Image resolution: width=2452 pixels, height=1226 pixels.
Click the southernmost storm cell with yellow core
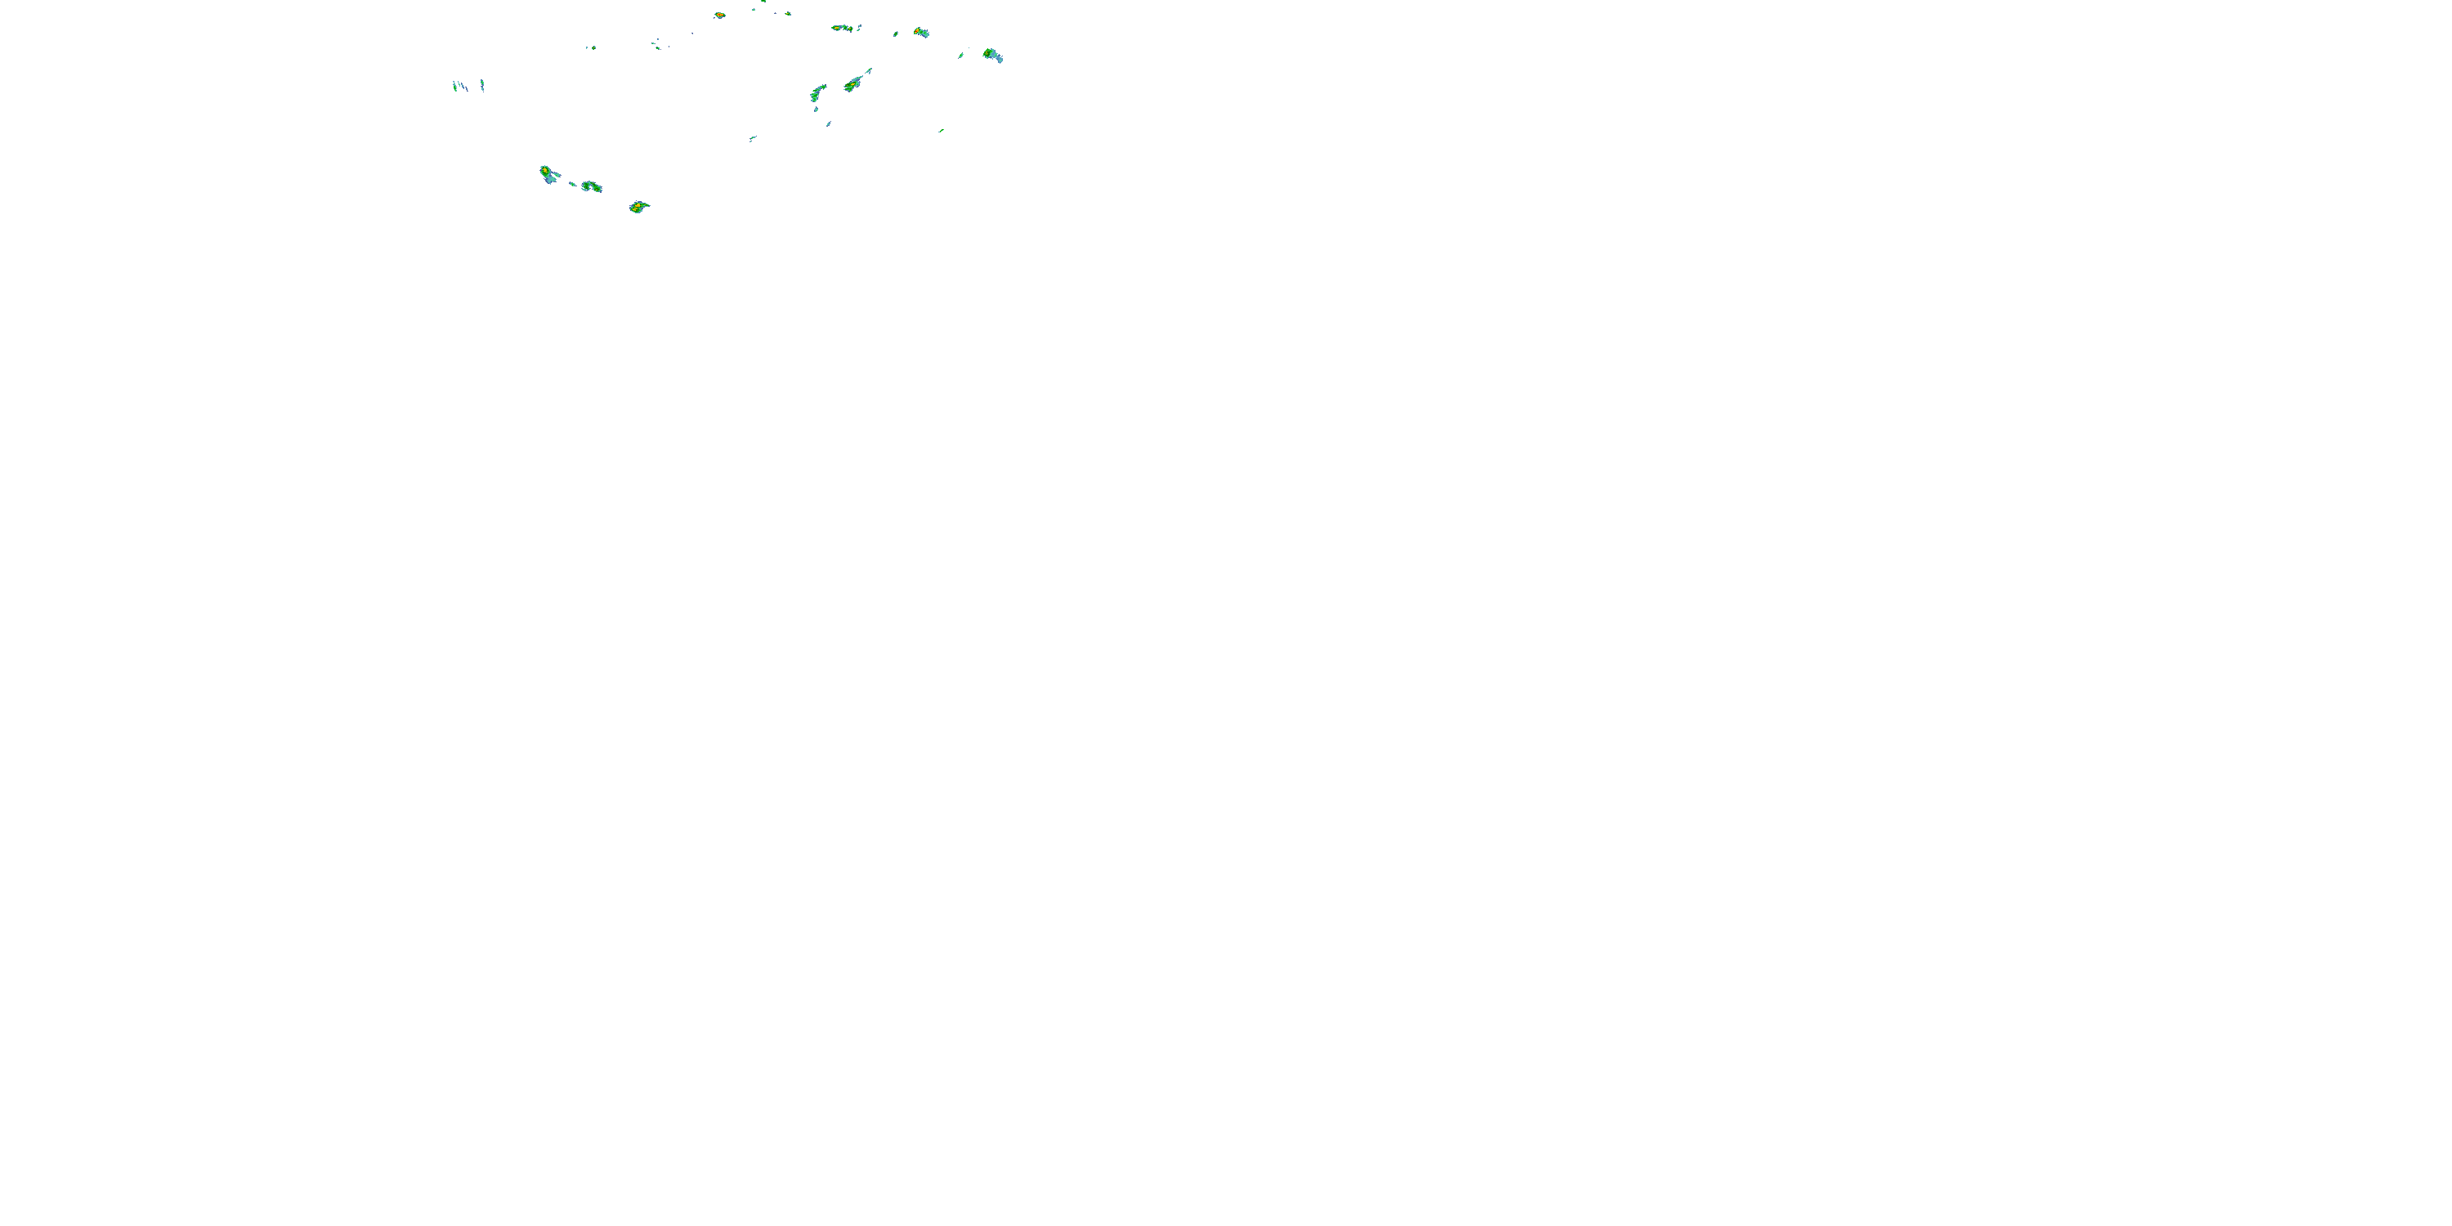click(x=637, y=207)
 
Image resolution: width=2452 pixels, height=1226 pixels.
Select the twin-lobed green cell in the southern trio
click(x=591, y=186)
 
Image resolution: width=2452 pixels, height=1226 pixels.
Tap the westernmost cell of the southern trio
click(x=548, y=174)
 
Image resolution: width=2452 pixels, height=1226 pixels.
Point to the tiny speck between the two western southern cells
click(x=572, y=184)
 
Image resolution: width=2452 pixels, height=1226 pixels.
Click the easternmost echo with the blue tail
click(x=992, y=56)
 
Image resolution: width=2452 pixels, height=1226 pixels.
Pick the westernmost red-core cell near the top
click(x=719, y=16)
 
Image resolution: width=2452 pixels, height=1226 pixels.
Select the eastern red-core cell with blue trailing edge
click(x=920, y=33)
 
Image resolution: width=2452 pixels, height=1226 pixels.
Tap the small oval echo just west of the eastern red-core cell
click(x=896, y=34)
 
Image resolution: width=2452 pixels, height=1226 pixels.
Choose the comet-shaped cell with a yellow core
click(x=854, y=83)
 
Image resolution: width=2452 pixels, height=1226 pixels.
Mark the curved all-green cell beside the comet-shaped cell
click(x=817, y=92)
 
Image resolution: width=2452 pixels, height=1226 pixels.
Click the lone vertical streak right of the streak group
click(x=482, y=85)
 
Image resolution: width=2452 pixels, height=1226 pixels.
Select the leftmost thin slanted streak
click(x=454, y=86)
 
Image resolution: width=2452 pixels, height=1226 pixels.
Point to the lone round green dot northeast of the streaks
click(x=590, y=47)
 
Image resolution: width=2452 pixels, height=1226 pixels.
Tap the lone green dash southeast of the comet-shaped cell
click(x=941, y=131)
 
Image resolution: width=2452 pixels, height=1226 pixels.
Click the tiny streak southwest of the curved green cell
click(x=752, y=139)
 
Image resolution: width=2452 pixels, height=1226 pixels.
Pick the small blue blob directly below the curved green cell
click(x=828, y=123)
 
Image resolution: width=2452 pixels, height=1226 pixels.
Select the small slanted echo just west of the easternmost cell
click(x=961, y=56)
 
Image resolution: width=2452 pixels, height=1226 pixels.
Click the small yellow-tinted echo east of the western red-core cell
click(x=787, y=13)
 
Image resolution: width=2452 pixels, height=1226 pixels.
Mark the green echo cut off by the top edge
click(x=763, y=2)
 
